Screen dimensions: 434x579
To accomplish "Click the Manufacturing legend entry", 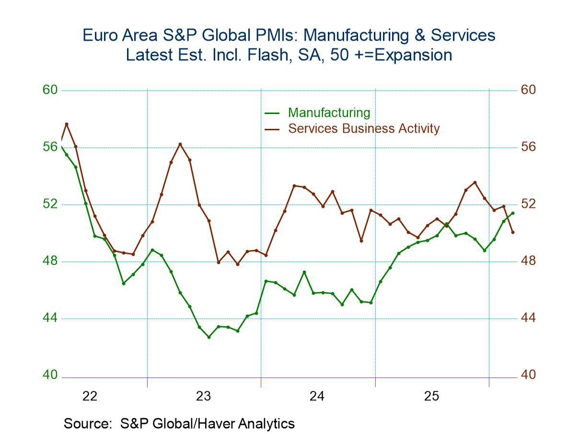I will pyautogui.click(x=329, y=113).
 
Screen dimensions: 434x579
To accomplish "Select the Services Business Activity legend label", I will pyautogui.click(x=363, y=128).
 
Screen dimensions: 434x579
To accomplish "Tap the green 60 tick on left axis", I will pyautogui.click(x=50, y=90).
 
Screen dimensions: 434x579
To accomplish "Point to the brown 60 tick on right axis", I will pyautogui.click(x=528, y=90).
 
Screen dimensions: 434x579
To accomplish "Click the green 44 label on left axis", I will pyautogui.click(x=50, y=318).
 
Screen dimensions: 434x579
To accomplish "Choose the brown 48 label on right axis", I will pyautogui.click(x=528, y=261).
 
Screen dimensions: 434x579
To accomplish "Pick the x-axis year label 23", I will pyautogui.click(x=204, y=396).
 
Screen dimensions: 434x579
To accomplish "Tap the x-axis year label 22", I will pyautogui.click(x=90, y=396).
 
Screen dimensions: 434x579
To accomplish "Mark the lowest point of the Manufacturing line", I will pyautogui.click(x=208, y=337).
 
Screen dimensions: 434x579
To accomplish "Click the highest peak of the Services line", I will pyautogui.click(x=67, y=124).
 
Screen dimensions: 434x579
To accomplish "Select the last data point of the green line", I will pyautogui.click(x=513, y=213).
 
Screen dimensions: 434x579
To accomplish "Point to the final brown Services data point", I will pyautogui.click(x=513, y=232).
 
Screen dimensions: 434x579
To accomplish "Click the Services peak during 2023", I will pyautogui.click(x=180, y=144).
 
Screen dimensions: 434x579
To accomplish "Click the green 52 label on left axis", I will pyautogui.click(x=50, y=204).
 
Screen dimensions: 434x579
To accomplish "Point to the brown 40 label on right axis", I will pyautogui.click(x=528, y=375).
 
